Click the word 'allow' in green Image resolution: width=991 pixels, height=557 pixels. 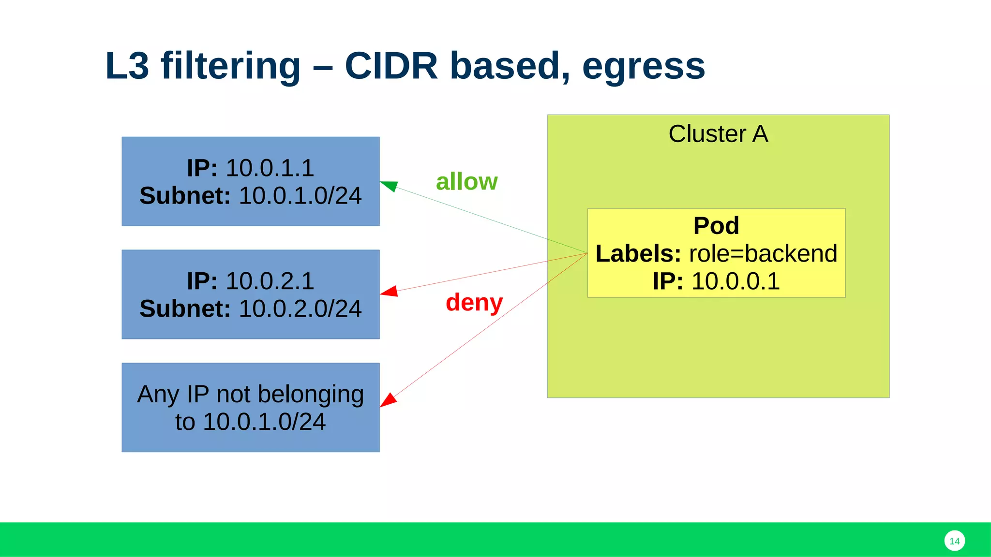click(466, 182)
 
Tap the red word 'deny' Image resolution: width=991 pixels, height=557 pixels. click(474, 303)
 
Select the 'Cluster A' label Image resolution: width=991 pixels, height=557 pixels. click(718, 134)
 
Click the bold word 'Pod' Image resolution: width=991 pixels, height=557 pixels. click(716, 226)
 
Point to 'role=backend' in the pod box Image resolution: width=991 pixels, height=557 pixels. click(763, 254)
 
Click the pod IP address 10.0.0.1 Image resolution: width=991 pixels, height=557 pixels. click(736, 281)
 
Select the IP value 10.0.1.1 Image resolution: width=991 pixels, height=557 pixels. click(270, 168)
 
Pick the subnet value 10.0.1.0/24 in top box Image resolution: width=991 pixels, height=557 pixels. click(300, 196)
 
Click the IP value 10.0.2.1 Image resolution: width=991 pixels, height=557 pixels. click(270, 281)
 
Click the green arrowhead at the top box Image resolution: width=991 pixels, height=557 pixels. click(389, 186)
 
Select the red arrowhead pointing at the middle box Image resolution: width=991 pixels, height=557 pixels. click(390, 291)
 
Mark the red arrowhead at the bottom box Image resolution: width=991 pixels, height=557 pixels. click(388, 400)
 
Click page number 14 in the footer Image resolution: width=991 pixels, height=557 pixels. click(954, 541)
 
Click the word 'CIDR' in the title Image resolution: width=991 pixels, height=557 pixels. click(391, 66)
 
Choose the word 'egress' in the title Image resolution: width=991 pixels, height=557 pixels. click(644, 67)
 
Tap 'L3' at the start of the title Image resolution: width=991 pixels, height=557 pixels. click(127, 66)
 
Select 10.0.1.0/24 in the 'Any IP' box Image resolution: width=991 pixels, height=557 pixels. click(264, 422)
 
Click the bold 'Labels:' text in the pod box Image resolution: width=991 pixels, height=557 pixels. click(638, 254)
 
